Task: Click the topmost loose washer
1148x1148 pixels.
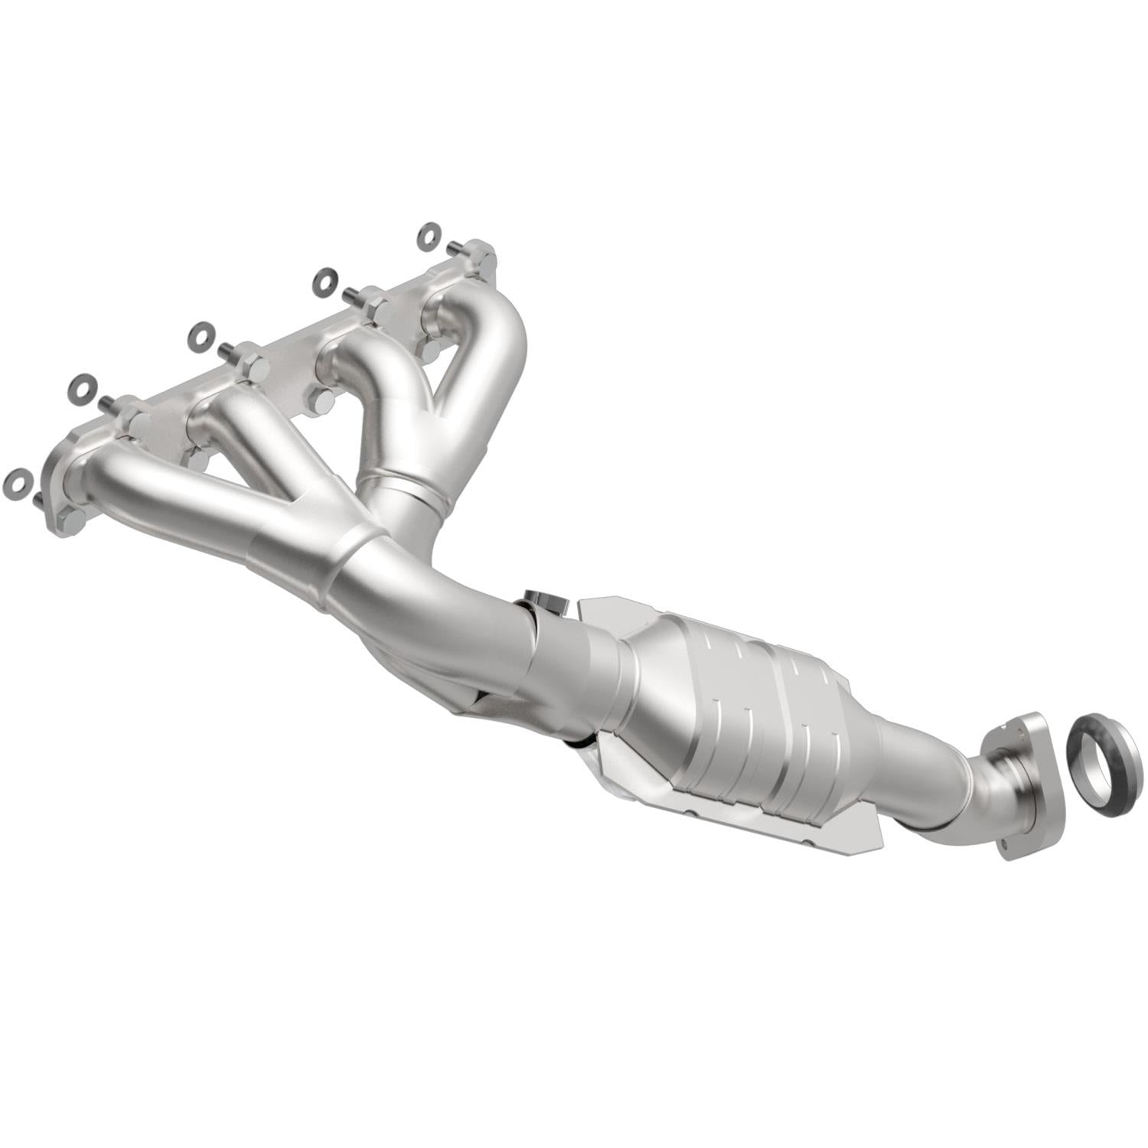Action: coord(429,235)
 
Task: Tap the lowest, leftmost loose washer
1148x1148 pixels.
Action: coord(16,482)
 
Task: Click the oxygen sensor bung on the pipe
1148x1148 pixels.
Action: coord(543,602)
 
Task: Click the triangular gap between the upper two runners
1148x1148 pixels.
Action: coord(452,375)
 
